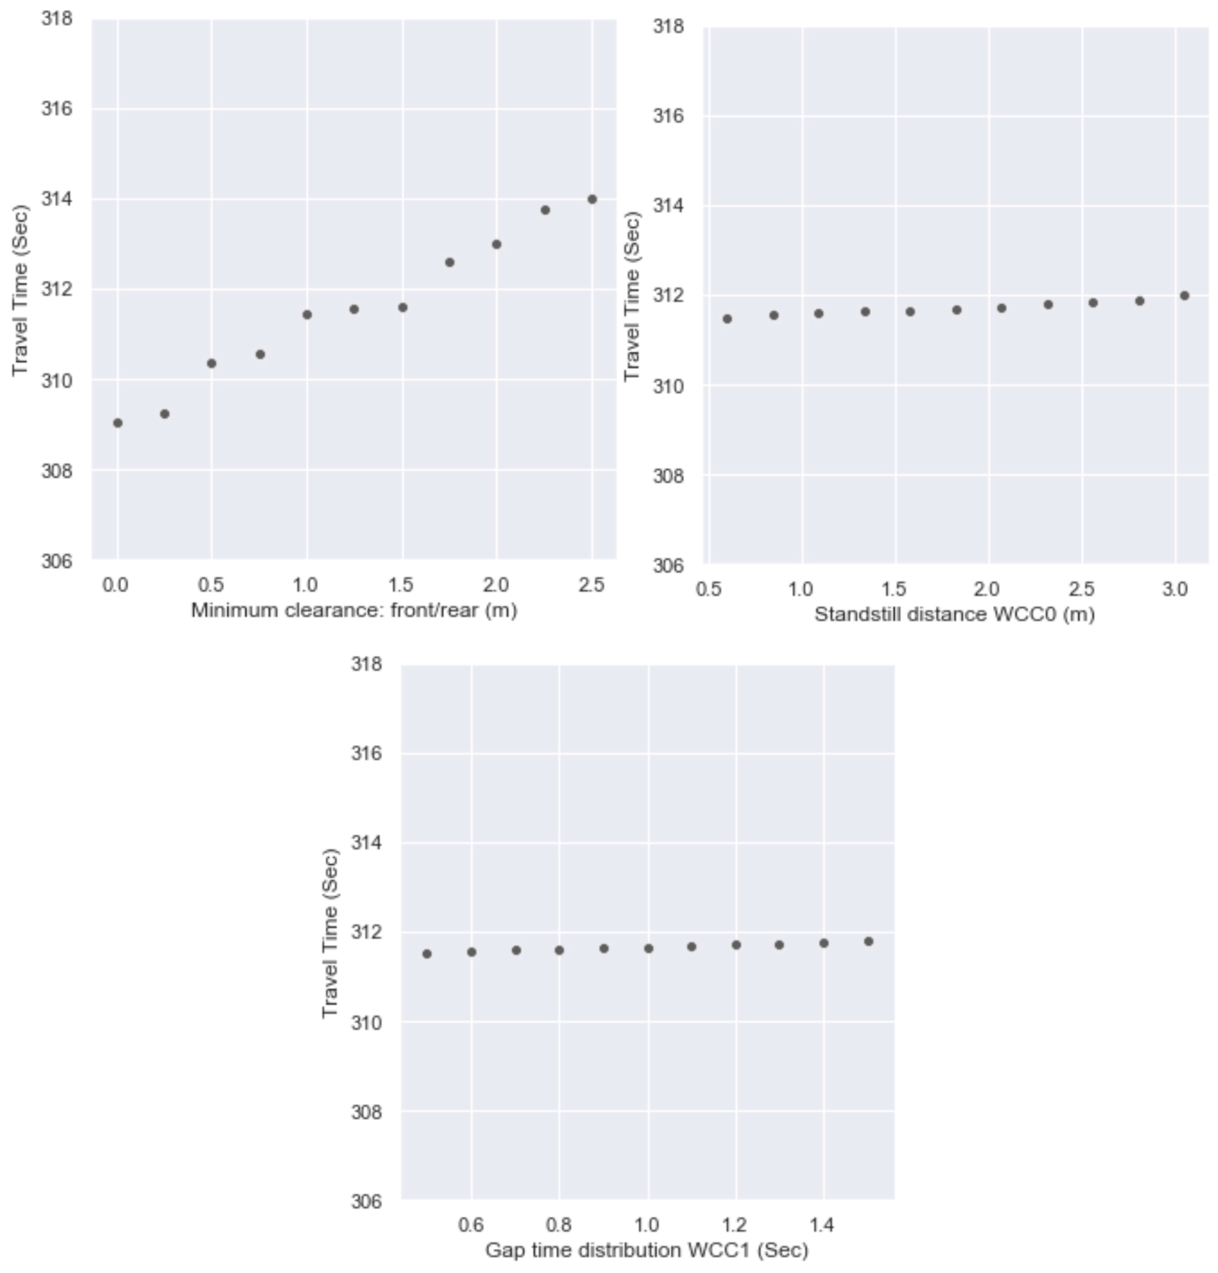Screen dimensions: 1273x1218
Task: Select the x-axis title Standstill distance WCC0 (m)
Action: click(x=954, y=614)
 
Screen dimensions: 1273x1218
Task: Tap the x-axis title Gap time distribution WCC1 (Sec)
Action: click(x=647, y=1250)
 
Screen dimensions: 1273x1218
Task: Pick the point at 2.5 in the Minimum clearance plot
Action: click(x=592, y=199)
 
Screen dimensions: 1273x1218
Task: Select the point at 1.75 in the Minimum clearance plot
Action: click(x=449, y=262)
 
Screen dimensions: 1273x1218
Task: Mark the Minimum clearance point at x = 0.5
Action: click(x=212, y=364)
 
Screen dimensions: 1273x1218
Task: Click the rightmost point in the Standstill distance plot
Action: click(x=1184, y=296)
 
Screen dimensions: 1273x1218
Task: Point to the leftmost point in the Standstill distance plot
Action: click(x=727, y=319)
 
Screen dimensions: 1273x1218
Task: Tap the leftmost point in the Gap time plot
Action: click(x=426, y=954)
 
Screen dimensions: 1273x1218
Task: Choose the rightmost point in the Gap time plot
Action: click(x=869, y=941)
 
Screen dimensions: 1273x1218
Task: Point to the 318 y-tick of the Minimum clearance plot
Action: click(x=56, y=19)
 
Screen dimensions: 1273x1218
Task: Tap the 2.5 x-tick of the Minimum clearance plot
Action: click(x=591, y=585)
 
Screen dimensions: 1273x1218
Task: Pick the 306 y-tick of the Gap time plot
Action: click(x=367, y=1202)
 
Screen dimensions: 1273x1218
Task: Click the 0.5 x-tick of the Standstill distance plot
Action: click(x=708, y=590)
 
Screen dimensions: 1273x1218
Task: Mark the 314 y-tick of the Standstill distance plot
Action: click(x=668, y=206)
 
